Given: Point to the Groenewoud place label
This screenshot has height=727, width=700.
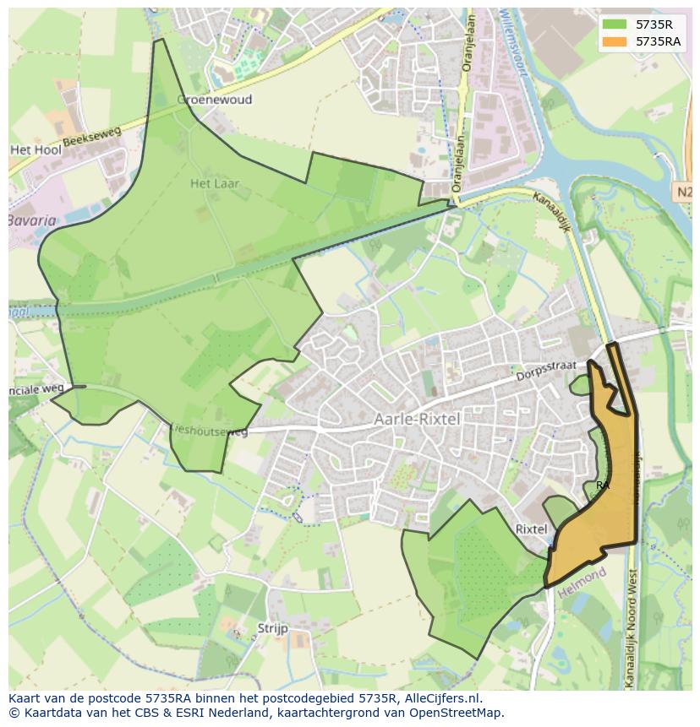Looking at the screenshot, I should pyautogui.click(x=215, y=100).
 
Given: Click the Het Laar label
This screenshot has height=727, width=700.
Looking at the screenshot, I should pyautogui.click(x=215, y=182).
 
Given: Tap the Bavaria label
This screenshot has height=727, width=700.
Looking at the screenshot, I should pyautogui.click(x=32, y=221).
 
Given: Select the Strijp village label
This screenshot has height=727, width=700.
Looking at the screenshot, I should pyautogui.click(x=272, y=628).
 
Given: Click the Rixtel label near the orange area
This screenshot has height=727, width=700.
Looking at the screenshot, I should pyautogui.click(x=531, y=529).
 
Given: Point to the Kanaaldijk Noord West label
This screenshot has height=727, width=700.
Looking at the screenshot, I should pyautogui.click(x=632, y=625).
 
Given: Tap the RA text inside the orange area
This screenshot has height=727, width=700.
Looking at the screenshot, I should pyautogui.click(x=603, y=486).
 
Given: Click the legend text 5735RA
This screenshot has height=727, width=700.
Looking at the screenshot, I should pyautogui.click(x=659, y=41).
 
